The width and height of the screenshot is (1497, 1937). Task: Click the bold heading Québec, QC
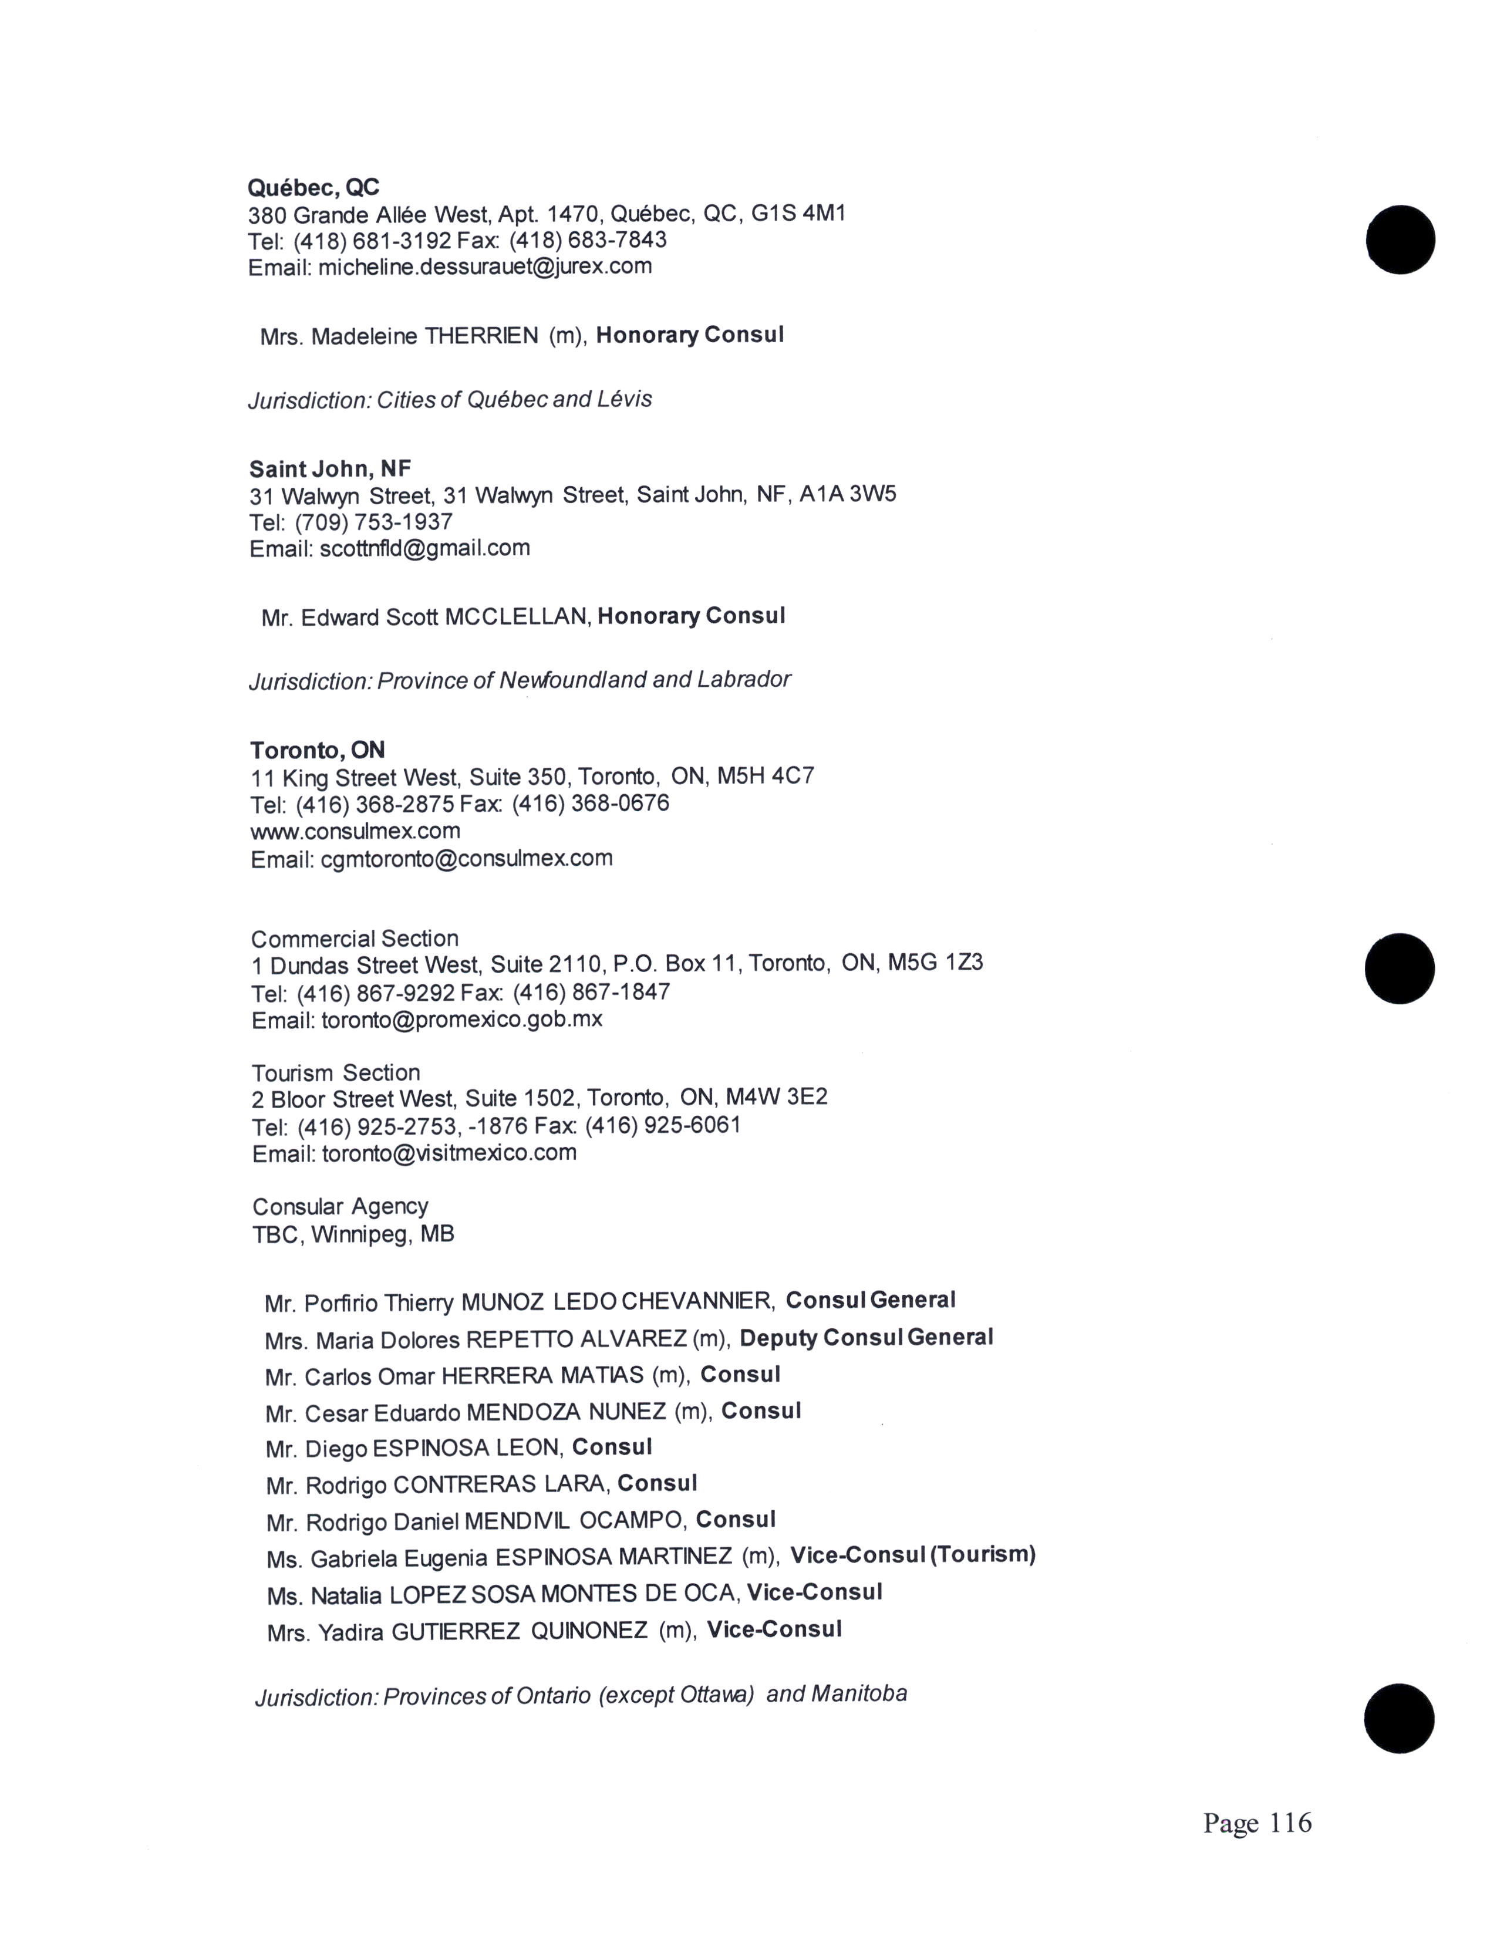313,187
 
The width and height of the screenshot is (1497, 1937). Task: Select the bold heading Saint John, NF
330,468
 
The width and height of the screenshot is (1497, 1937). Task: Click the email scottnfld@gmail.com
425,548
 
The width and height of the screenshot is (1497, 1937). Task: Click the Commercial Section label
355,939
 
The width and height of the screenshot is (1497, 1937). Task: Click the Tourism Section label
335,1072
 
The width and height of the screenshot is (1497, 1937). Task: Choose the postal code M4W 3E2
776,1098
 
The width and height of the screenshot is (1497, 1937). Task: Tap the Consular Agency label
340,1206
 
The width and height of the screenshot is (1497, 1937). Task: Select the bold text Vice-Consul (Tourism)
912,1555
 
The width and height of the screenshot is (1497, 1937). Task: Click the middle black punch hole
1400,968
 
